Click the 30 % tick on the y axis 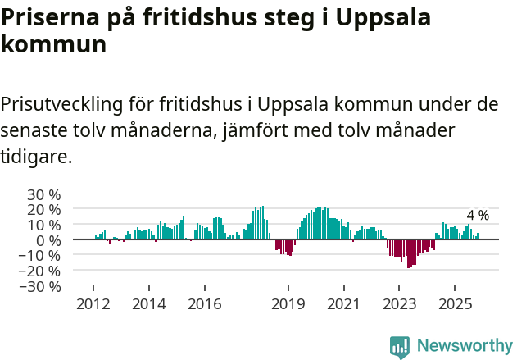(x=44, y=194)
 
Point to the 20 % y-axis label (x=44, y=209)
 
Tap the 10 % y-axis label (x=44, y=225)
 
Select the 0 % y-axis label (x=48, y=240)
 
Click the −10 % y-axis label (x=41, y=255)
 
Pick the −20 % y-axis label (x=41, y=271)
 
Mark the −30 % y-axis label (x=41, y=286)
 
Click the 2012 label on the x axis (x=93, y=303)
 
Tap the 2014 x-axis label (x=148, y=303)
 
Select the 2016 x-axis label (x=204, y=303)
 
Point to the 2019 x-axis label (x=288, y=303)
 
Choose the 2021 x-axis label (x=343, y=303)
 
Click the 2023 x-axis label (x=399, y=303)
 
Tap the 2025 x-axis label (x=455, y=303)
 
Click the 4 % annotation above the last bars (x=478, y=216)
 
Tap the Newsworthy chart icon (x=400, y=346)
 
